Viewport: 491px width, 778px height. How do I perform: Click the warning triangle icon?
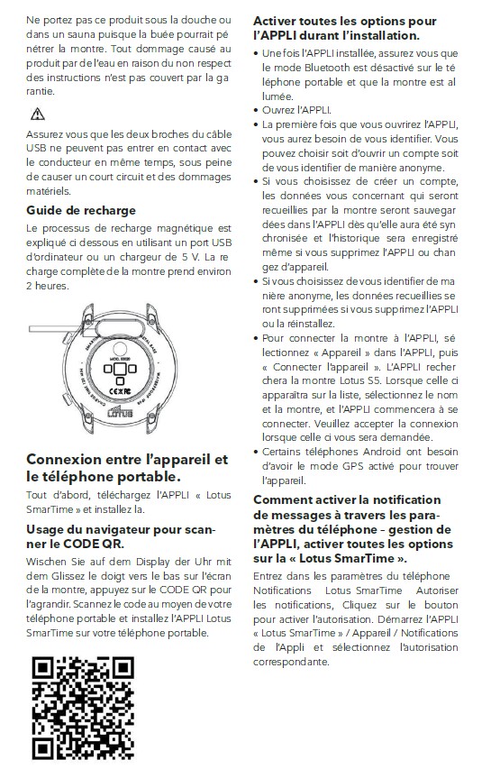tap(38, 114)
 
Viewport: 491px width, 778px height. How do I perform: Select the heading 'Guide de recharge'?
tap(81, 210)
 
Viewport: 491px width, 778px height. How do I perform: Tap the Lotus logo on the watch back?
tap(120, 412)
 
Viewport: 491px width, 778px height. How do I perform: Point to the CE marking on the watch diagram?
tap(120, 391)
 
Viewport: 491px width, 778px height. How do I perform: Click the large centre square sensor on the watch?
tap(120, 369)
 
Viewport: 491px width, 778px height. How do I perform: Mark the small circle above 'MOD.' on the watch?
tap(120, 348)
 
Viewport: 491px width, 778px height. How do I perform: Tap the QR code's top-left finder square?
tap(43, 668)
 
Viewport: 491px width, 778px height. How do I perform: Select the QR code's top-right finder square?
tap(123, 668)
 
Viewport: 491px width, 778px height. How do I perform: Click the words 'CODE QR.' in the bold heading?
tap(94, 544)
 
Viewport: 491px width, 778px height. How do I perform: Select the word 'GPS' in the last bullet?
tap(352, 466)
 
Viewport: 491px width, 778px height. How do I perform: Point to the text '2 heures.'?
tap(48, 286)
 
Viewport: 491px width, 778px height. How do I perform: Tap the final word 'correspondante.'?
tap(291, 663)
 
